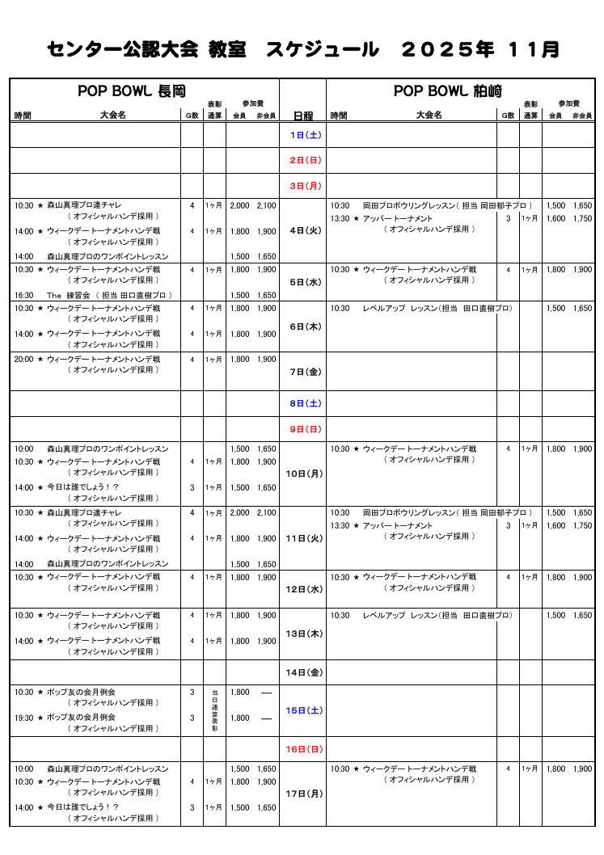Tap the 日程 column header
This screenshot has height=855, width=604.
coord(302,116)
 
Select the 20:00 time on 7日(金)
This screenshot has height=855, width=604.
coord(23,359)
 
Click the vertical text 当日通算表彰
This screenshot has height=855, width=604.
coord(214,711)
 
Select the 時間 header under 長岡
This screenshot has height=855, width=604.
coord(23,116)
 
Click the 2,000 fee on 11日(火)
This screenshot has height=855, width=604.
coord(239,512)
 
